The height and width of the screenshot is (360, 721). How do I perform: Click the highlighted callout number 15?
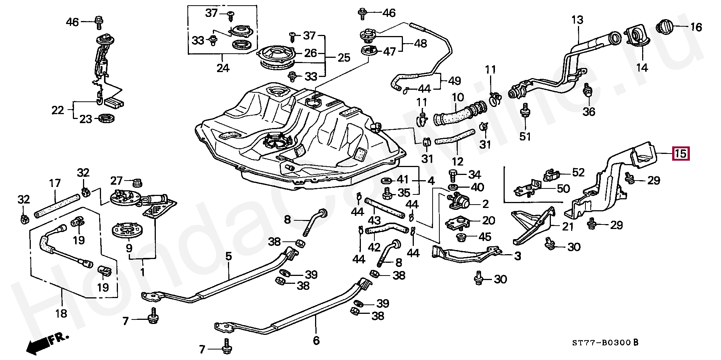point(680,154)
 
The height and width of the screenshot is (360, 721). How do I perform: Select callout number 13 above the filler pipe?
point(577,20)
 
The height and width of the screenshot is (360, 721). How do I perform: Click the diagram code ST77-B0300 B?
point(605,342)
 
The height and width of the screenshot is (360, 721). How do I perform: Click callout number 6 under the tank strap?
point(316,340)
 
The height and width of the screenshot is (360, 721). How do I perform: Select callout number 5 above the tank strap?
point(229,257)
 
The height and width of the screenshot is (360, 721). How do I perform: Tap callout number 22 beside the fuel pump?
point(58,110)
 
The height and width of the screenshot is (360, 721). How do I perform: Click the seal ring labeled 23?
point(107,119)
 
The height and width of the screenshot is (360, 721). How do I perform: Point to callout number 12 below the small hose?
point(458,162)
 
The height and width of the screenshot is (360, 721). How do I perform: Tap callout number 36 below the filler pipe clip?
point(589,111)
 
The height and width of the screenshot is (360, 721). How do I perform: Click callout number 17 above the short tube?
point(55,183)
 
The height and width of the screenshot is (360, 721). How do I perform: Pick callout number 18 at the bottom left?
point(61,313)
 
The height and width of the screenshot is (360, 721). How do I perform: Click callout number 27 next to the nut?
point(116,181)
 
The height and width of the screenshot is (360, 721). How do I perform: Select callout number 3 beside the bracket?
point(517,256)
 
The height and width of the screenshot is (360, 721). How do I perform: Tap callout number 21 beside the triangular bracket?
point(567,226)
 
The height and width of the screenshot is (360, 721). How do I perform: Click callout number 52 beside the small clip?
point(578,172)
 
